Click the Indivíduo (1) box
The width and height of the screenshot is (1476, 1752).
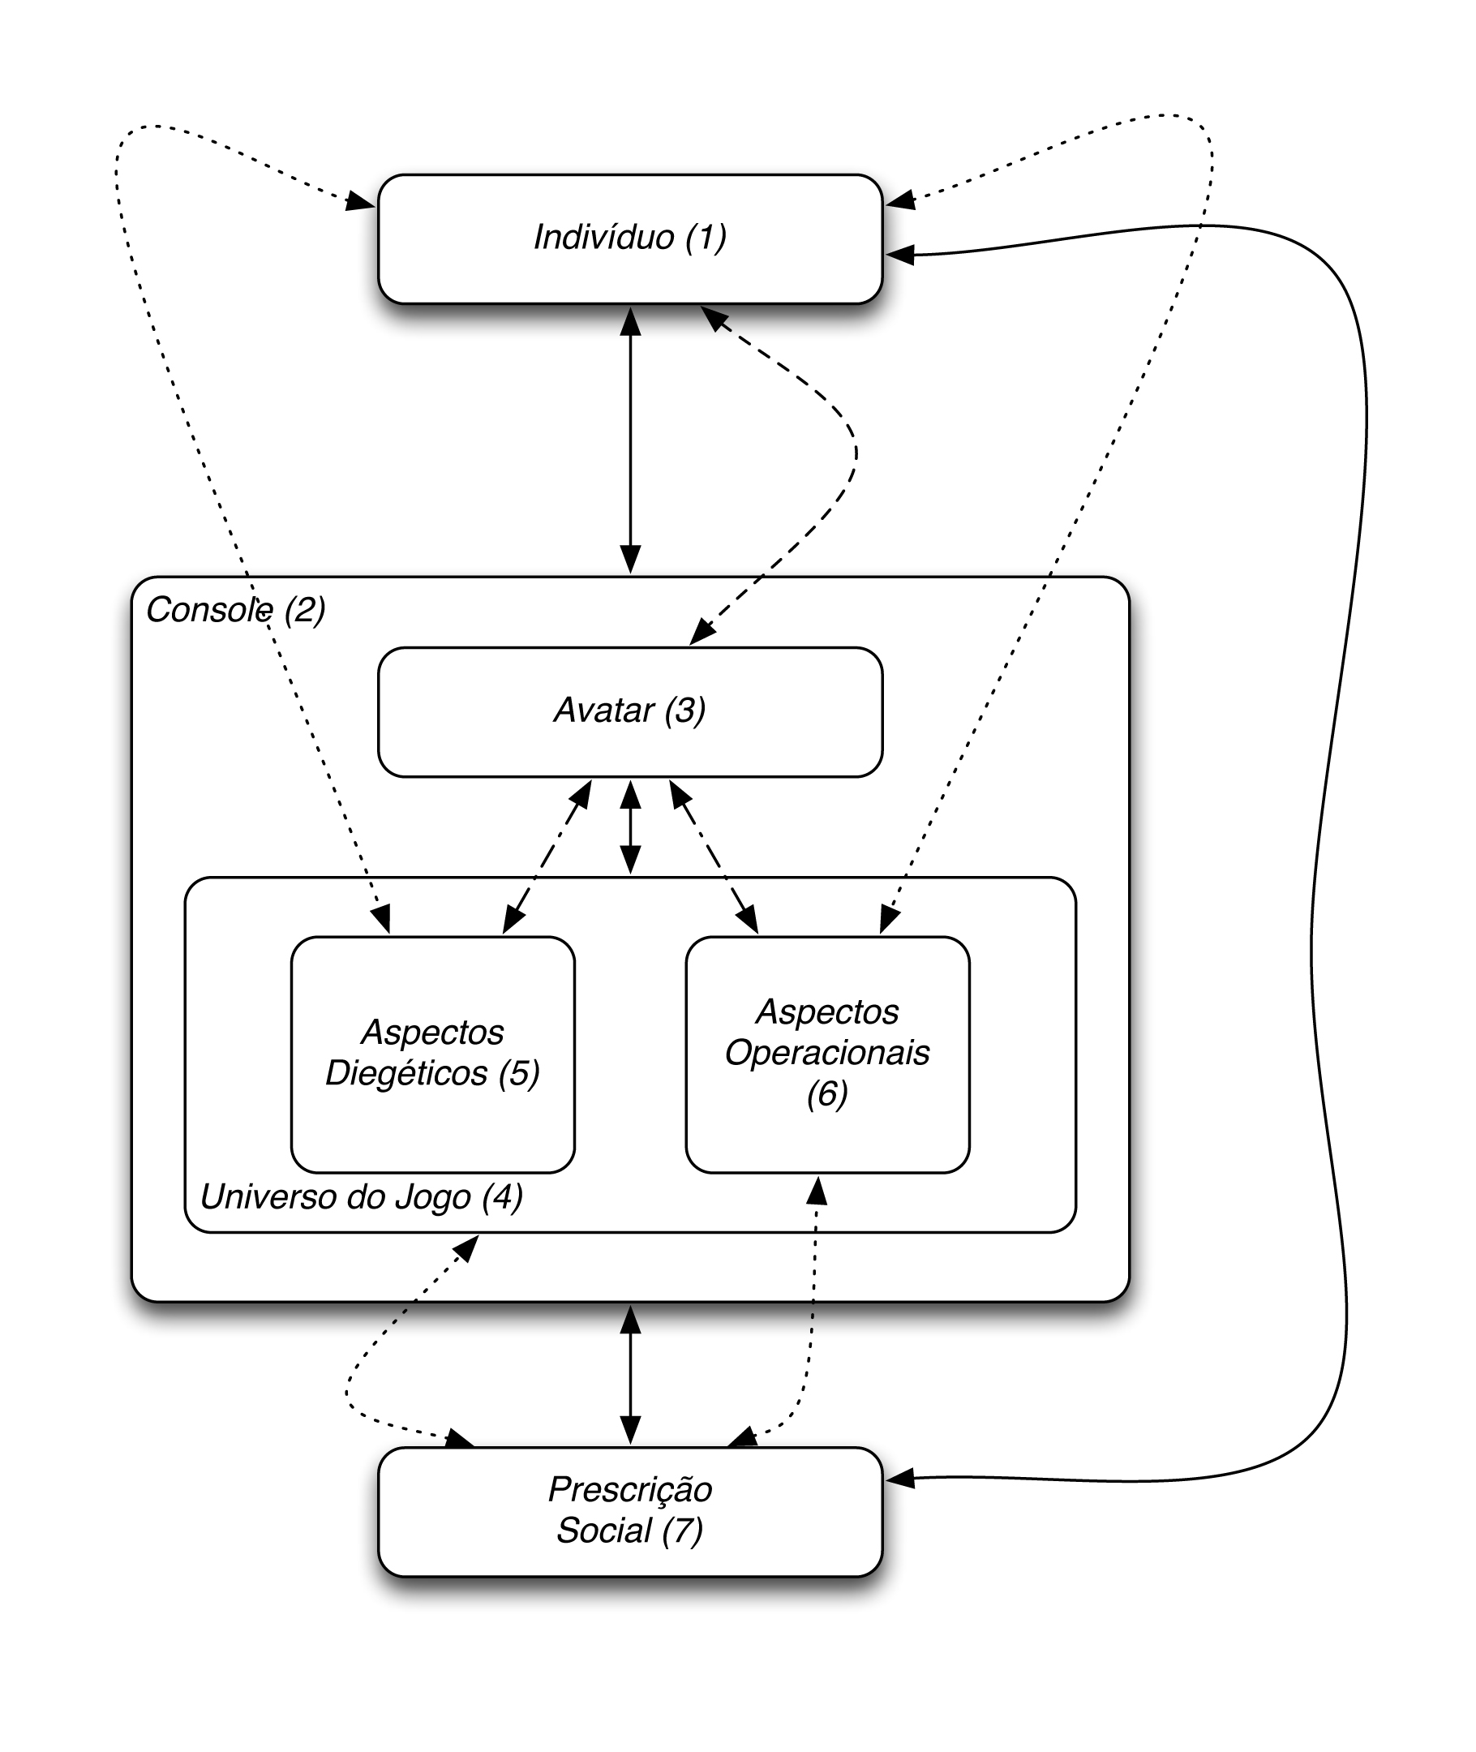pyautogui.click(x=630, y=238)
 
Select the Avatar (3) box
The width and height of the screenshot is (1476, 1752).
pyautogui.click(x=630, y=712)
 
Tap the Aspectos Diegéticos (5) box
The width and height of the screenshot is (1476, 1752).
pyautogui.click(x=432, y=1054)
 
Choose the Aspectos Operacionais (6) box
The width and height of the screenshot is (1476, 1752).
pyautogui.click(x=827, y=1054)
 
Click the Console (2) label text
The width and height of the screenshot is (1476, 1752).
pyautogui.click(x=235, y=610)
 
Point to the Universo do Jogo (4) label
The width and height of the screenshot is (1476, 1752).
pyautogui.click(x=362, y=1197)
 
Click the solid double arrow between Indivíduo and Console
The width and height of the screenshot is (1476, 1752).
pyautogui.click(x=630, y=440)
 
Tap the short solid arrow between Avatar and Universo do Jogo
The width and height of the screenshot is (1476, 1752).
pyautogui.click(x=630, y=827)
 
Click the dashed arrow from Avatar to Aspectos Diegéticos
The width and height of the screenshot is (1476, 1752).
pyautogui.click(x=547, y=857)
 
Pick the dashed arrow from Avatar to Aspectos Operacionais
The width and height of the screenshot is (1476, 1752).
pyautogui.click(x=714, y=857)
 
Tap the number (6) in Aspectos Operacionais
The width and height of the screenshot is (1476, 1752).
pyautogui.click(x=827, y=1093)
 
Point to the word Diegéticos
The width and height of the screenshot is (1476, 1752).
pyautogui.click(x=405, y=1073)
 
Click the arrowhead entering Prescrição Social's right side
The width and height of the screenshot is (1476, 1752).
pyautogui.click(x=899, y=1479)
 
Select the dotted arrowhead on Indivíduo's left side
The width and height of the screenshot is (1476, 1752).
pyautogui.click(x=361, y=201)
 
